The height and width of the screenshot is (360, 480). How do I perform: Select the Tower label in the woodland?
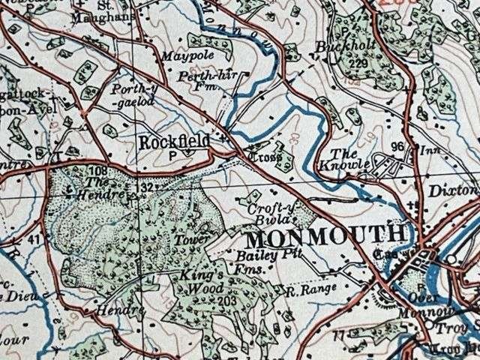click(x=209, y=239)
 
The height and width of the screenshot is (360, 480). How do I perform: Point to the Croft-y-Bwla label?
click(x=266, y=208)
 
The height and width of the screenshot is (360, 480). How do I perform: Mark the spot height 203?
click(x=226, y=301)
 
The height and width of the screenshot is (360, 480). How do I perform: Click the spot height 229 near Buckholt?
click(x=361, y=64)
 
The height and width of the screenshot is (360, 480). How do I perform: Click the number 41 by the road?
click(x=33, y=240)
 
